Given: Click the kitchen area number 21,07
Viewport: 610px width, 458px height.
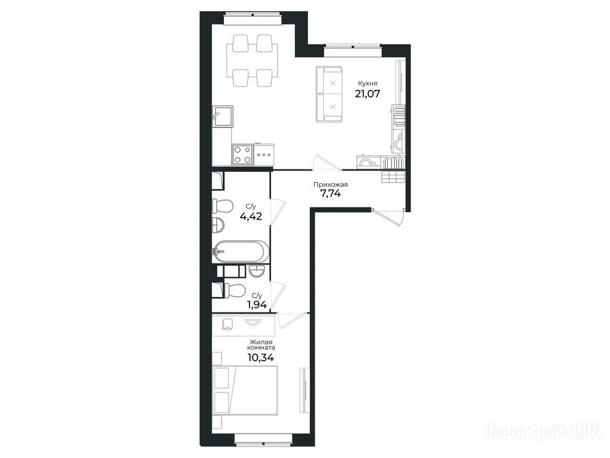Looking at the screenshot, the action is pos(367,94).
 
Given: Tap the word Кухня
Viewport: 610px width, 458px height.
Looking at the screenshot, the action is pos(368,83).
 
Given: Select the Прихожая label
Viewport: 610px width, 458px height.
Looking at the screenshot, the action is pos(331,185).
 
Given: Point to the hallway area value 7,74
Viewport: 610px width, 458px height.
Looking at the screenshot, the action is pos(330,194).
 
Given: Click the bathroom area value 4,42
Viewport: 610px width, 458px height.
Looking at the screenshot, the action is pos(251,216).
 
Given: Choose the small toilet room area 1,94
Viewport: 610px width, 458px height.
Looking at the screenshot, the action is pos(257,305).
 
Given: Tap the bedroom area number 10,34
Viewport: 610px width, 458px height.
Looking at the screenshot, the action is pos(261,358).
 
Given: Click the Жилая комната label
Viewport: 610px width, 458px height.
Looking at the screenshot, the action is pos(262,344).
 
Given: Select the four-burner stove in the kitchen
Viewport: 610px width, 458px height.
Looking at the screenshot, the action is pos(243,154).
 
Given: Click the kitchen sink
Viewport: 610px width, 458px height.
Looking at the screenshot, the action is pos(223,117).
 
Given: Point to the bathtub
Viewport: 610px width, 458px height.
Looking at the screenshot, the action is pos(241,252).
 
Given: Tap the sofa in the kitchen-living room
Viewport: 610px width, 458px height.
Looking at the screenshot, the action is pos(329,95).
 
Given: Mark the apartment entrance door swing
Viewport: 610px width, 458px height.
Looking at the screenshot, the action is pos(388,217).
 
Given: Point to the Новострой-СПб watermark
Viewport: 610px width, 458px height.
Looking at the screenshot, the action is pos(542,431).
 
